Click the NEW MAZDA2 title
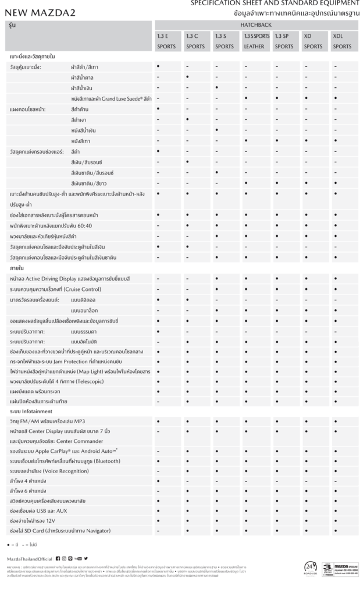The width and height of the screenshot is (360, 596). pyautogui.click(x=42, y=12)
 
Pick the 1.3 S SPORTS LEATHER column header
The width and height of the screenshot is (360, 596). pyautogui.click(x=256, y=41)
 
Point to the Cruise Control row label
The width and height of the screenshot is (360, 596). pyautogui.click(x=55, y=289)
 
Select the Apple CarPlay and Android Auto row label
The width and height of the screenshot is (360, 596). pyautogui.click(x=64, y=450)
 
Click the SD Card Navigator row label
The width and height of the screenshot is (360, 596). pyautogui.click(x=60, y=531)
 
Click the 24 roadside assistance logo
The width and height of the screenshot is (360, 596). pyautogui.click(x=311, y=568)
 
